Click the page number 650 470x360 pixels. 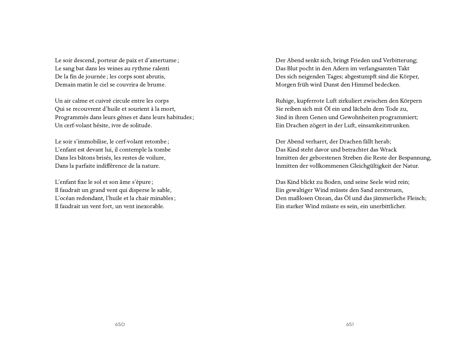(120, 325)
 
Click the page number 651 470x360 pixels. (350, 325)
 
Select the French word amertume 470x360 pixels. (162, 60)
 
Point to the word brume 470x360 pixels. (157, 85)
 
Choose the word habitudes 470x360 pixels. (179, 117)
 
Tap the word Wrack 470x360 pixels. (388, 150)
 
